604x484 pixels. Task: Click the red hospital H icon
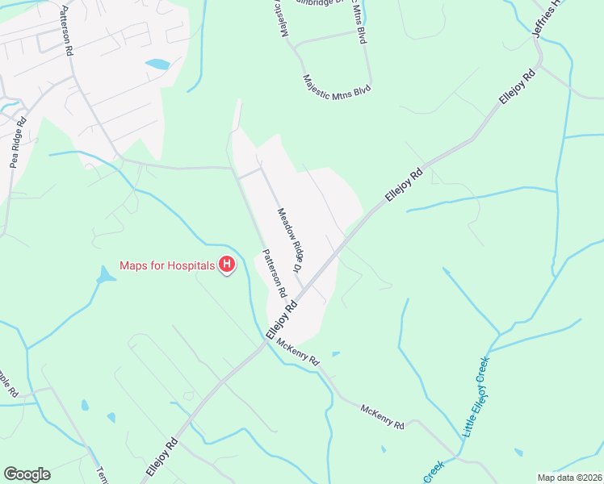(228, 265)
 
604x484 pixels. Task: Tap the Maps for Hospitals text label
(167, 265)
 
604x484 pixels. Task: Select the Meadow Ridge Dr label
(290, 240)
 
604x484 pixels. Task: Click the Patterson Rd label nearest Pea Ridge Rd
(66, 31)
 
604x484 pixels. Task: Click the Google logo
(27, 474)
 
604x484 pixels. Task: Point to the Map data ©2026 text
(568, 477)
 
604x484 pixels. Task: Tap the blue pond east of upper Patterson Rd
(157, 63)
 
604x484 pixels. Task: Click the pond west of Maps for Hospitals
(105, 276)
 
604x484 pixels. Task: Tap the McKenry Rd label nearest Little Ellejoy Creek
(383, 417)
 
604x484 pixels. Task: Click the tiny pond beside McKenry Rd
(335, 353)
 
